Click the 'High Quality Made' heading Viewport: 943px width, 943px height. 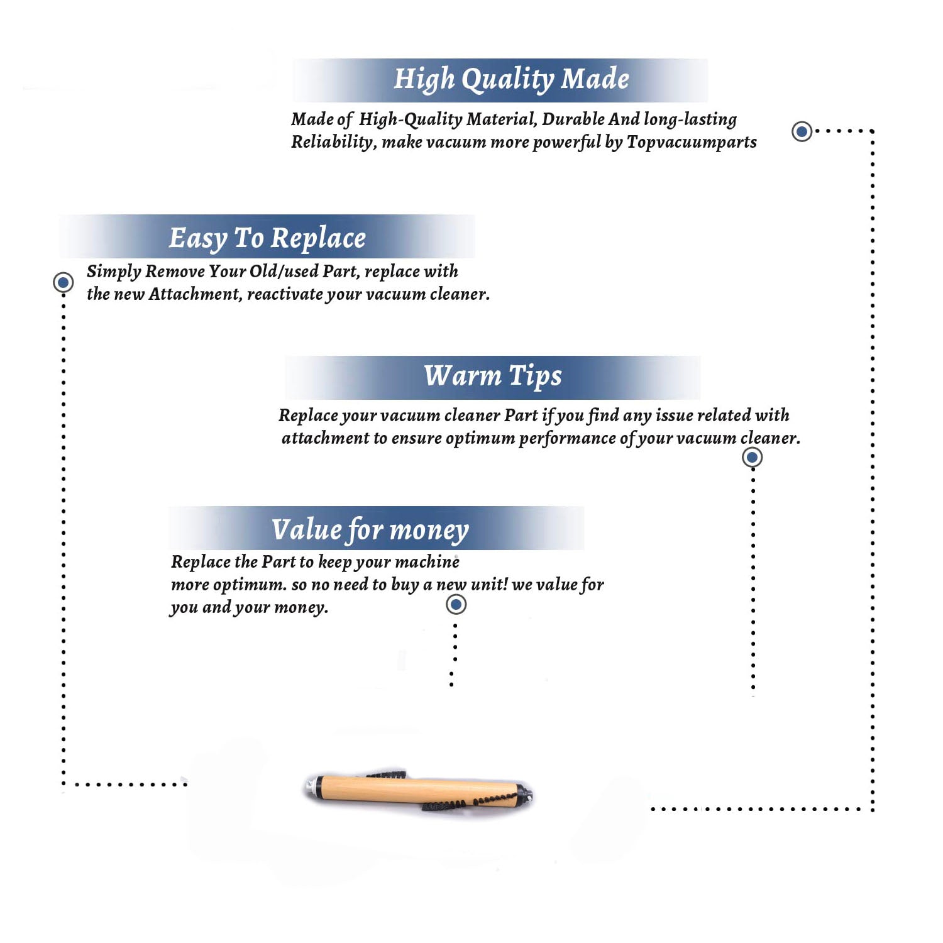511,80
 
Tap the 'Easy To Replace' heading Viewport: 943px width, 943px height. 267,238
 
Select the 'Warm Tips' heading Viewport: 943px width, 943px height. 492,377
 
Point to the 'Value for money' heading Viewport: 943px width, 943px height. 370,529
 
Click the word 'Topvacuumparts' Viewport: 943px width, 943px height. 692,143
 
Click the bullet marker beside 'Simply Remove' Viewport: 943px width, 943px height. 63,282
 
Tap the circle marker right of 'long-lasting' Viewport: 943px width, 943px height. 802,131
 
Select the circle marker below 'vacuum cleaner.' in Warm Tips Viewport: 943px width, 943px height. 753,457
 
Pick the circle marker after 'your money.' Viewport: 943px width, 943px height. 456,605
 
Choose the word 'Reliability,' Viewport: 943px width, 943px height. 334,142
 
